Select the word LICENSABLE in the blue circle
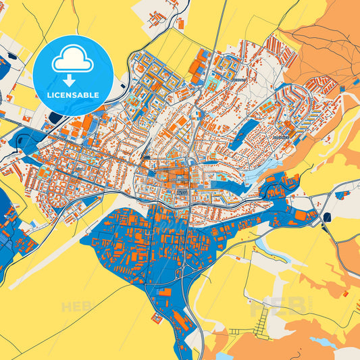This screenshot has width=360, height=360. (x=72, y=95)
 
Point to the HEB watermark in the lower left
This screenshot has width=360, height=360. (x=76, y=307)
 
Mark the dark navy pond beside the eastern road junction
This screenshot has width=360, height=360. (x=328, y=217)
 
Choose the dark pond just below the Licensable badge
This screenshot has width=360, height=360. (x=55, y=119)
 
